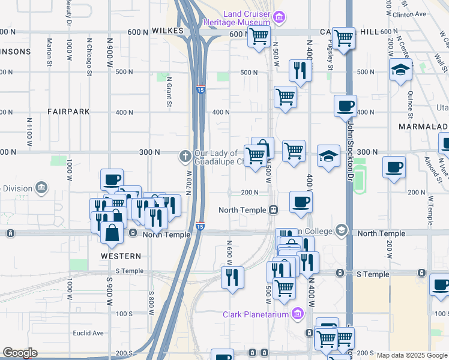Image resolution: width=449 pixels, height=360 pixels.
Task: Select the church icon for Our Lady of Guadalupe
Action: (x=185, y=157)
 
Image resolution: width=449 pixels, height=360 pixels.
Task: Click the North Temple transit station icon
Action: (x=273, y=210)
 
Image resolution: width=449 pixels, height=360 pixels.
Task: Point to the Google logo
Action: (x=19, y=353)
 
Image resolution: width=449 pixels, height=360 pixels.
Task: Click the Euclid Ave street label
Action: (x=88, y=333)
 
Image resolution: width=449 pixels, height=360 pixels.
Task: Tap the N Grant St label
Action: (x=169, y=93)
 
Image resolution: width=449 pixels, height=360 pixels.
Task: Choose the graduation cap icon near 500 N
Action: (x=400, y=70)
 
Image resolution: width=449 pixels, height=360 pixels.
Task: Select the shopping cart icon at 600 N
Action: (x=259, y=37)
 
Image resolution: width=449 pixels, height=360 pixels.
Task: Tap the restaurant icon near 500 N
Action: (x=298, y=70)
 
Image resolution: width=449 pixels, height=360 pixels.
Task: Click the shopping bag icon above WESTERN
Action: (x=112, y=232)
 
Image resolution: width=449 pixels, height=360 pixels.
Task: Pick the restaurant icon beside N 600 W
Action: (x=232, y=277)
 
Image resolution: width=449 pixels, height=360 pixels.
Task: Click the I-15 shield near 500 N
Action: (x=200, y=90)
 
